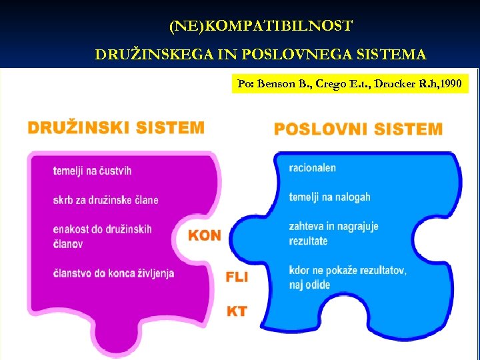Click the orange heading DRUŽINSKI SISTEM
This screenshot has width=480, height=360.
[x=115, y=127]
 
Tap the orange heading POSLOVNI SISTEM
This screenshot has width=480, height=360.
[x=358, y=129]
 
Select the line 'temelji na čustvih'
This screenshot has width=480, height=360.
[x=93, y=171]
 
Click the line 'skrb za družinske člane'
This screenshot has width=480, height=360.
[x=105, y=200]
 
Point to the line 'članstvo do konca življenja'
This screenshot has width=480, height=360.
[x=113, y=273]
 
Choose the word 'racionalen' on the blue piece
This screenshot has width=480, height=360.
[x=313, y=168]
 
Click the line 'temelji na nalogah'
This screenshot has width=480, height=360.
[x=329, y=197]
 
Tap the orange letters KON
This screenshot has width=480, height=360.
[x=205, y=235]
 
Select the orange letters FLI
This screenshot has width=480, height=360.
[x=237, y=277]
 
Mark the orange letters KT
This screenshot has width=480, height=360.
[x=237, y=311]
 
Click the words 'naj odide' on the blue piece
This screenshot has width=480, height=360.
[x=309, y=285]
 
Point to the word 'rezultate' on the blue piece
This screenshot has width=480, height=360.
[x=309, y=241]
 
